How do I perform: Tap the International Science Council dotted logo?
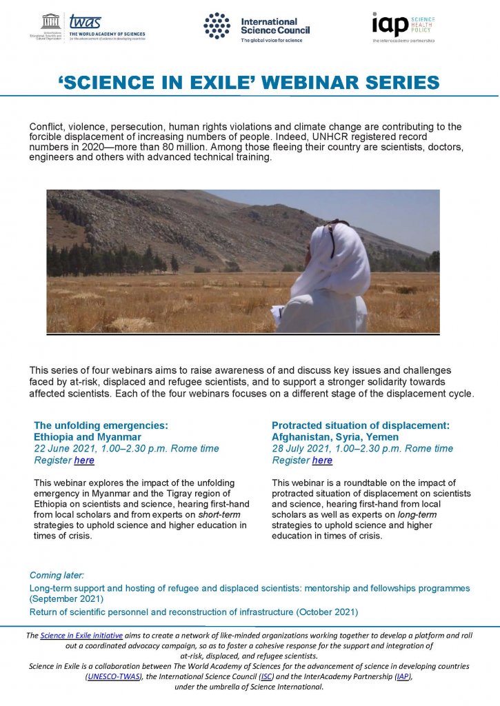tap(217, 26)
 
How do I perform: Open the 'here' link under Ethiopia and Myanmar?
tap(84, 460)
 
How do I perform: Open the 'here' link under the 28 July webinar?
tap(322, 460)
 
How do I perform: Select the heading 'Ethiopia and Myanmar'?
tap(88, 436)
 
